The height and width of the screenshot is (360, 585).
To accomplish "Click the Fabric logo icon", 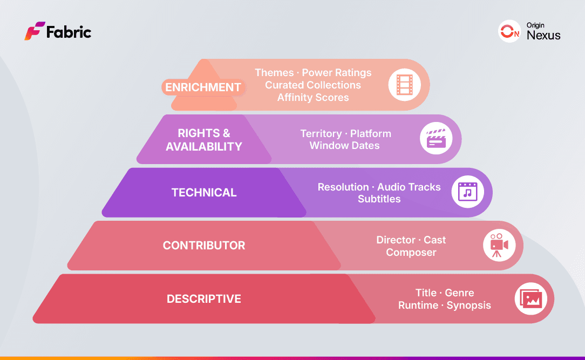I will (35, 31).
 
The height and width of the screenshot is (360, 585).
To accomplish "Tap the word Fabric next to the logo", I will (69, 32).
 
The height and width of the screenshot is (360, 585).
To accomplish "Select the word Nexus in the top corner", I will (543, 36).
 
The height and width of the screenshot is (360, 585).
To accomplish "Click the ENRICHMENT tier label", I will (203, 87).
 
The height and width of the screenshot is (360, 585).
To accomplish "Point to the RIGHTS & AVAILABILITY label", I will (204, 140).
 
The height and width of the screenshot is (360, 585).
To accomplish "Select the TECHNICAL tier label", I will (204, 193).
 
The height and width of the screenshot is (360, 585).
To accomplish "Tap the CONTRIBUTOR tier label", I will (204, 246).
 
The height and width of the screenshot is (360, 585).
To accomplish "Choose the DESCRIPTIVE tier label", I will (204, 299).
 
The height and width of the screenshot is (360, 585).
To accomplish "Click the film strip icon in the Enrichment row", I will (404, 85).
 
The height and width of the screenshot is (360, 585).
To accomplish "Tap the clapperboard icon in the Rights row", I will (436, 139).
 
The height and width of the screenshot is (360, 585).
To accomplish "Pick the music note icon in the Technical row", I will (467, 192).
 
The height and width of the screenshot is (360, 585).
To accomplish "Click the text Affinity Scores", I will (313, 98).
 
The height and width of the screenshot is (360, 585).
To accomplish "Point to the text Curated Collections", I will (313, 85).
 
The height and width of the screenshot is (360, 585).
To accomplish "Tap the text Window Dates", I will (344, 145).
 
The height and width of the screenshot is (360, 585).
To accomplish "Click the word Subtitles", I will (379, 199).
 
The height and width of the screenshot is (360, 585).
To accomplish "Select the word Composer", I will (411, 252).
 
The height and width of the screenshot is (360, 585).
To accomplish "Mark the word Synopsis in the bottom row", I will (468, 305).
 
